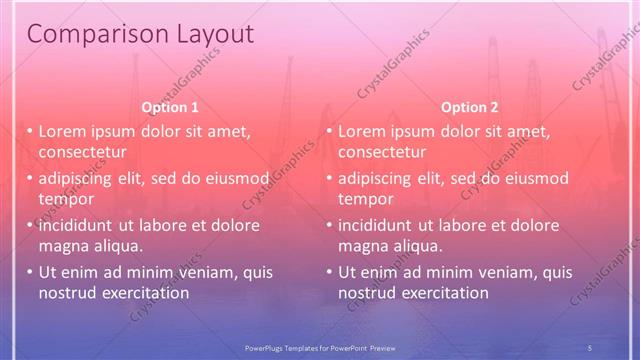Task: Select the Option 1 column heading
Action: click(x=170, y=107)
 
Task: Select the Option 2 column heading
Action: click(x=470, y=107)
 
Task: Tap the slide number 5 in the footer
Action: click(x=590, y=346)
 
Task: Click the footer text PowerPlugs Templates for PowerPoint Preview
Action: click(x=320, y=346)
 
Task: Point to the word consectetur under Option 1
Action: click(x=82, y=152)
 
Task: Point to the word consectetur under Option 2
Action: click(x=382, y=152)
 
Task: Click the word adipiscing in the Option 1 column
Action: click(x=78, y=179)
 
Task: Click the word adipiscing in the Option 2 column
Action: click(x=378, y=179)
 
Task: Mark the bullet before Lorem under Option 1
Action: click(x=30, y=132)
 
